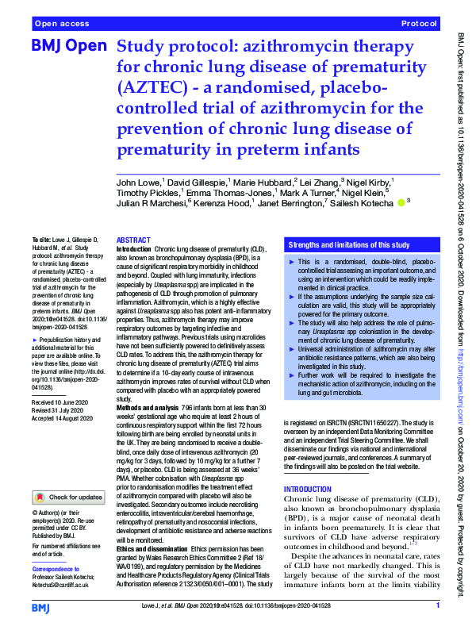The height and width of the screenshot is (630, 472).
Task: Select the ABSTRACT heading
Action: pos(132,240)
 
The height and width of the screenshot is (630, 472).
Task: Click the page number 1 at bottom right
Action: pos(438,606)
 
